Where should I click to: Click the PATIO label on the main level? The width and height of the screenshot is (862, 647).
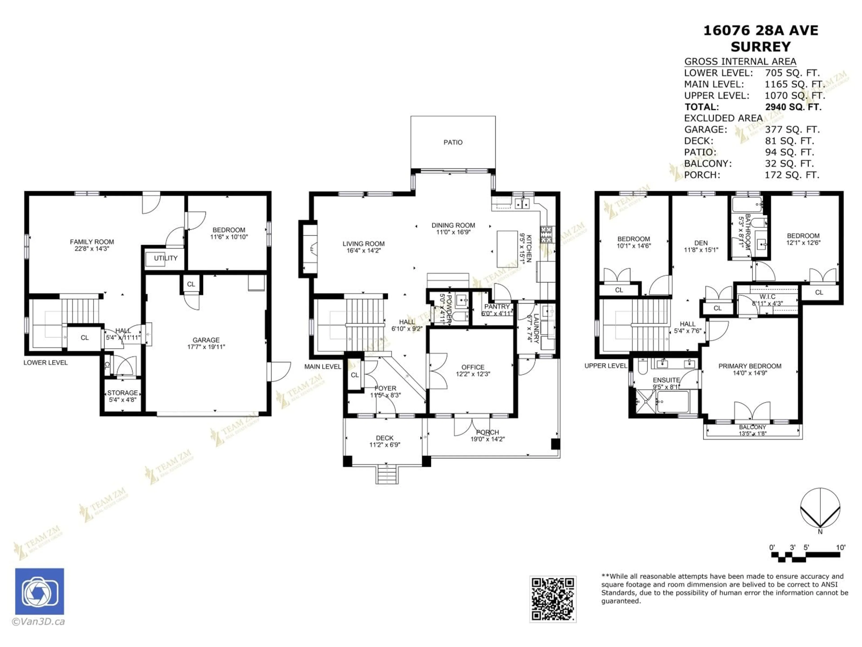(453, 142)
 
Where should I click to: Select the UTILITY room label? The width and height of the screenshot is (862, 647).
(166, 258)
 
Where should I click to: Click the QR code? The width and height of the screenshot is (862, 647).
(553, 599)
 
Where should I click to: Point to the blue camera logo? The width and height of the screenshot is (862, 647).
(39, 591)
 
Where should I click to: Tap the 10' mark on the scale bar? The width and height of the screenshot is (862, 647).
(841, 547)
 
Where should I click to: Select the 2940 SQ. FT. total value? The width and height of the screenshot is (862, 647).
(793, 107)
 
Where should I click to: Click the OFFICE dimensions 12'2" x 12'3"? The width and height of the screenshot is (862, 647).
(473, 374)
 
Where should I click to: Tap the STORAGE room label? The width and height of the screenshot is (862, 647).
(122, 393)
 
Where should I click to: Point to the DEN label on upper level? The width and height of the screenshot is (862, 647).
(701, 243)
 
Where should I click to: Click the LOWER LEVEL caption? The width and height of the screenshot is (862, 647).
(46, 363)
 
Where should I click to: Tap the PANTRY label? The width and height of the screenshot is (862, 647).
(497, 306)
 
